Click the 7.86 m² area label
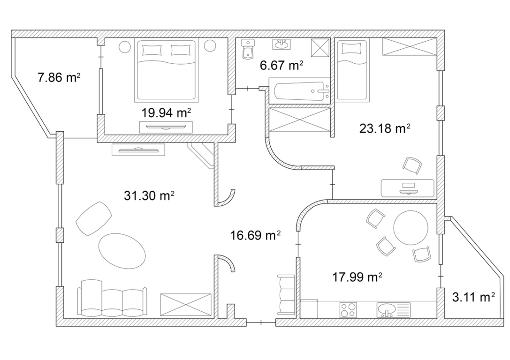pyautogui.click(x=59, y=78)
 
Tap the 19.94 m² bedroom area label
pyautogui.click(x=166, y=113)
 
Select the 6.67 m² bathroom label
pyautogui.click(x=282, y=65)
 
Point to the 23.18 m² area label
pyautogui.click(x=384, y=128)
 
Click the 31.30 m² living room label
pyautogui.click(x=149, y=195)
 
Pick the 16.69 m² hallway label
pyautogui.click(x=255, y=235)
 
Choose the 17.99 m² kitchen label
pyautogui.click(x=357, y=277)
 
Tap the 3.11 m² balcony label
pyautogui.click(x=473, y=297)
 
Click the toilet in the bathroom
pyautogui.click(x=248, y=50)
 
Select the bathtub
pyautogui.click(x=299, y=91)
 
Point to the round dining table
pyautogui.click(x=411, y=227)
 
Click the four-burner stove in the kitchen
pyautogui.click(x=348, y=310)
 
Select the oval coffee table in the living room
pyautogui.click(x=122, y=251)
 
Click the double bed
pyautogui.click(x=166, y=70)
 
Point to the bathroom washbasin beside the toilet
pyautogui.click(x=282, y=44)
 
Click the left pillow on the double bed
pyautogui.click(x=152, y=50)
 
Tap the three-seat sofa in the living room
pyautogui.click(x=112, y=298)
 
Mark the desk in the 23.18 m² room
pyautogui.click(x=408, y=188)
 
